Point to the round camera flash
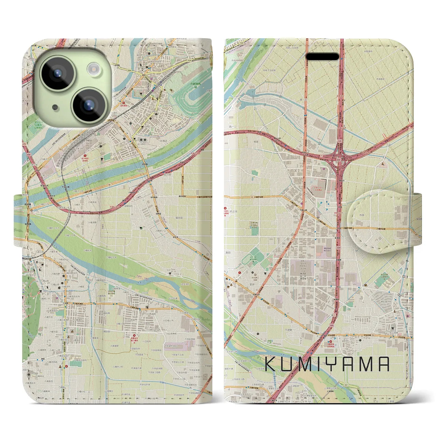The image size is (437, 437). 93,69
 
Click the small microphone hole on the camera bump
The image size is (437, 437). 55,107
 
